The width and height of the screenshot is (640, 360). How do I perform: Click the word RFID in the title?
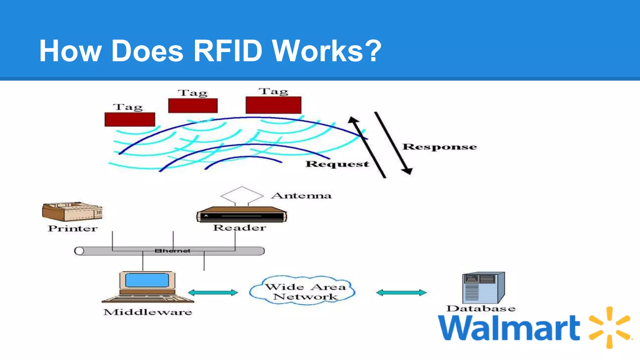227,51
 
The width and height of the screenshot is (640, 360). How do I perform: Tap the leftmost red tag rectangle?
130,119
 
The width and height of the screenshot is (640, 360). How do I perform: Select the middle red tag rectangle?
193,106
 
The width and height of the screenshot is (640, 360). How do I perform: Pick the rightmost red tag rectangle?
273,105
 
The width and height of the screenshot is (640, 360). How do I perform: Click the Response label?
439,147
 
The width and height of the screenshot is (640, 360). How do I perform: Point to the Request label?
337,164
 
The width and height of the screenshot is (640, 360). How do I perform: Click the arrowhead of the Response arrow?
407,171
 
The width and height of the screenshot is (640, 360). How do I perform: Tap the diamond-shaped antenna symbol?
242,195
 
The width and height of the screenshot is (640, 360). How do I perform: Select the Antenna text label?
301,196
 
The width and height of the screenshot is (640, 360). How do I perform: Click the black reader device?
241,215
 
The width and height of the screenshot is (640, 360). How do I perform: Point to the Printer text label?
72,228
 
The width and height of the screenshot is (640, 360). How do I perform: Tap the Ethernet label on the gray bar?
172,251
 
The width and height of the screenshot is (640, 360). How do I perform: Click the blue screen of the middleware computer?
147,280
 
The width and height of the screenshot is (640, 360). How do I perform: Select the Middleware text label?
147,312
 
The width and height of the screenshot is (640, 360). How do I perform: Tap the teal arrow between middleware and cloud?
213,292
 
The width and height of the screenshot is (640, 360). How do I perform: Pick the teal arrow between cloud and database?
401,292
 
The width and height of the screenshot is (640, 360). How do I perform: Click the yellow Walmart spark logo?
609,327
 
